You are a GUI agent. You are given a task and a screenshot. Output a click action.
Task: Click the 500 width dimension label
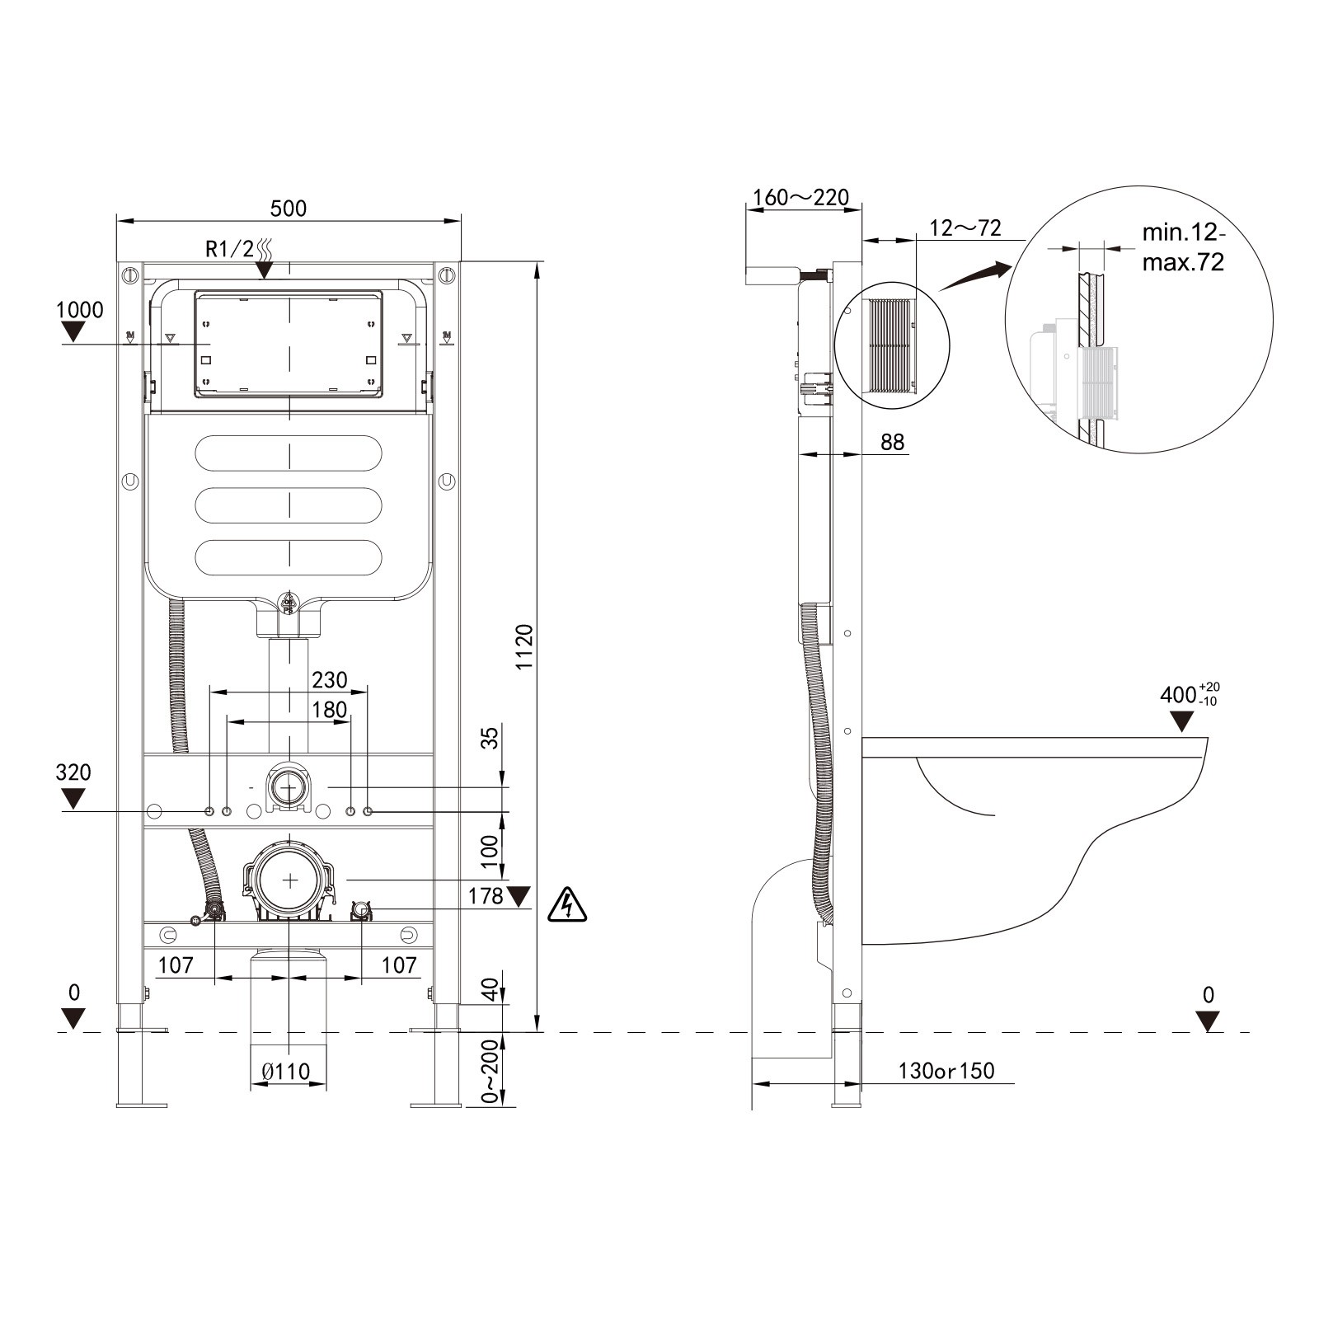click(x=289, y=208)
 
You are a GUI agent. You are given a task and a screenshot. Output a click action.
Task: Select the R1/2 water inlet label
click(x=230, y=249)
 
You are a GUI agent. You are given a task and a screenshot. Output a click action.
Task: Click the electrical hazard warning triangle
click(x=568, y=904)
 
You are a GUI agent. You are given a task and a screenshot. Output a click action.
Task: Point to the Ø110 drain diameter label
click(x=286, y=1071)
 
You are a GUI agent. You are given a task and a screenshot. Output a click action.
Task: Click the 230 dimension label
click(x=330, y=679)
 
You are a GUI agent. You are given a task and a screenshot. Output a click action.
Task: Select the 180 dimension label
click(x=330, y=710)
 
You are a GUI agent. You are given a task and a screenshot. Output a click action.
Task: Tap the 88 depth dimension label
click(x=893, y=443)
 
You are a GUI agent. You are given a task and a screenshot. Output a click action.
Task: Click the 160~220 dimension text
click(x=801, y=198)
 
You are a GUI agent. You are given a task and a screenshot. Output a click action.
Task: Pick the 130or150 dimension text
click(x=946, y=1071)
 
